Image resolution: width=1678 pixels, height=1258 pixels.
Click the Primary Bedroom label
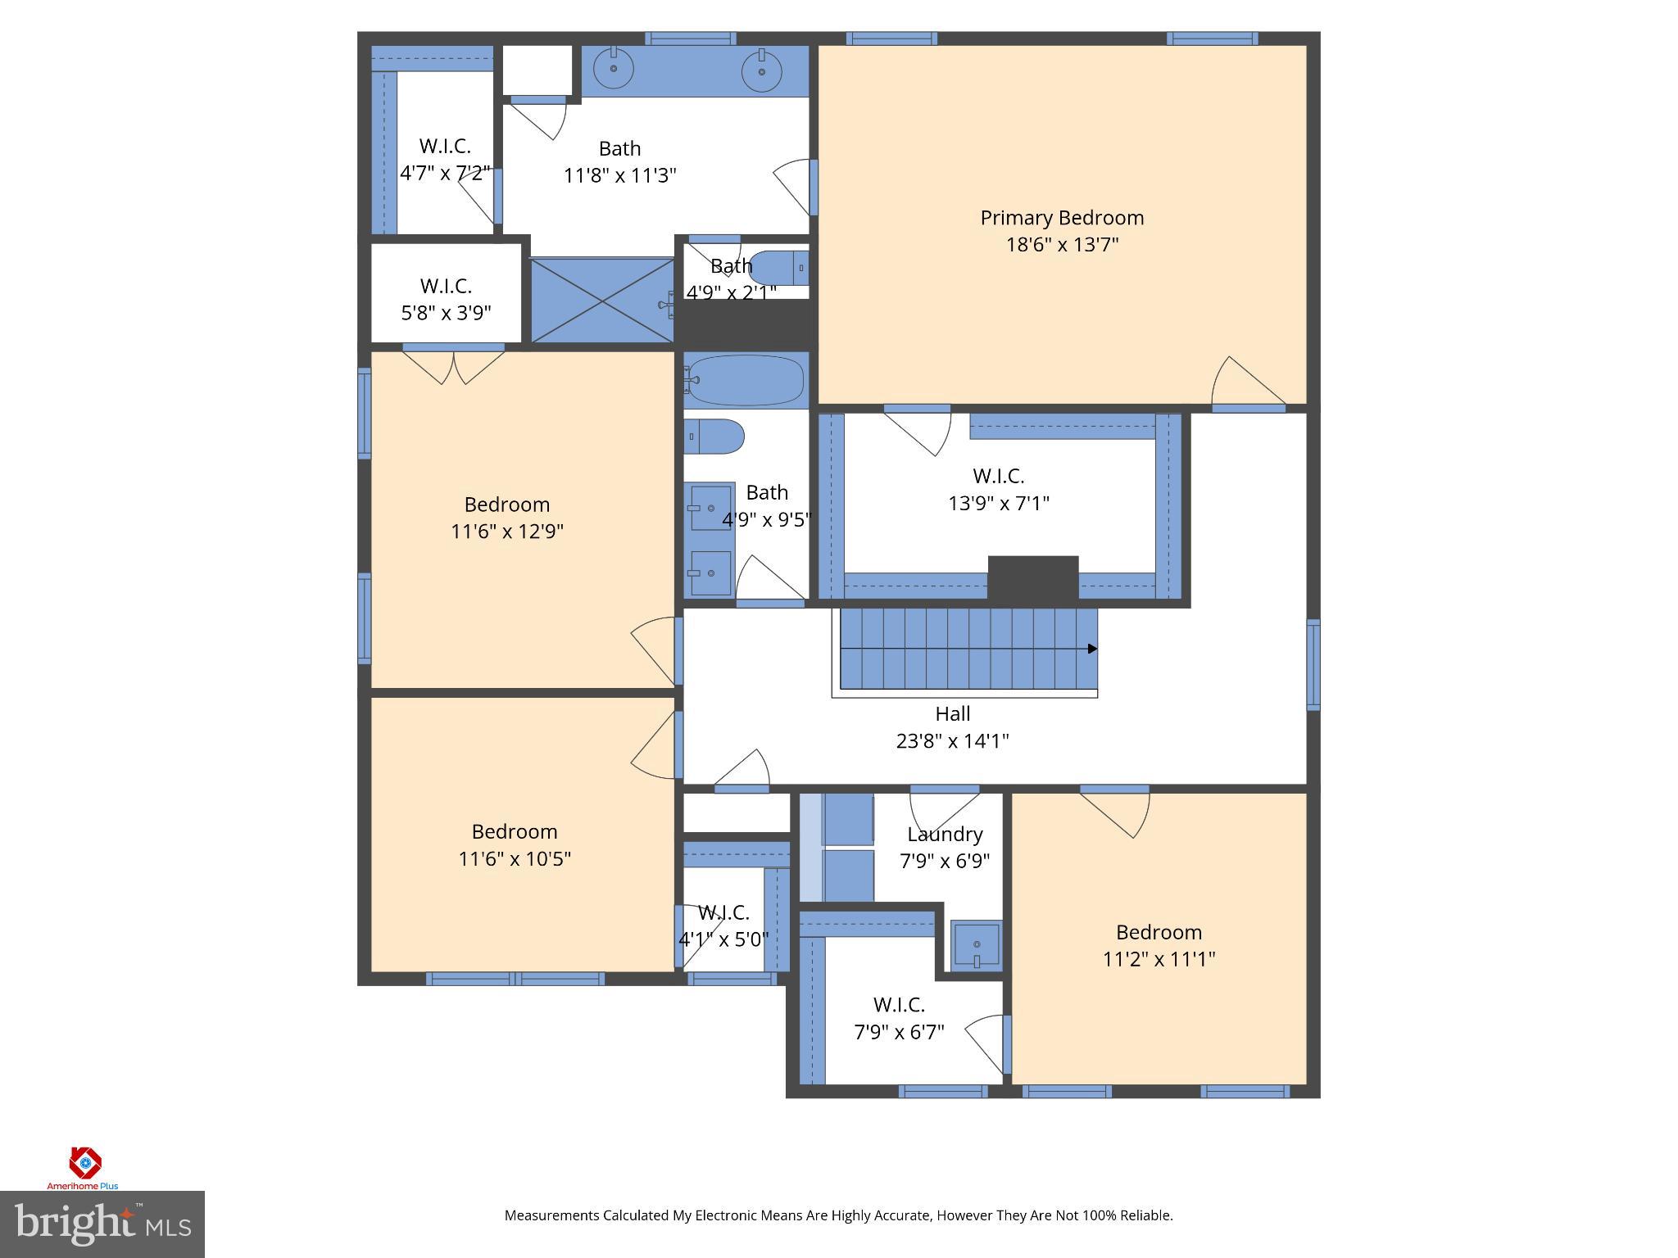[x=1062, y=218]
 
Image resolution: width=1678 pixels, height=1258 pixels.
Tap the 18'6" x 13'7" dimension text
[x=1062, y=245]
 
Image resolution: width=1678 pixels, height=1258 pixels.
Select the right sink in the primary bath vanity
[x=761, y=70]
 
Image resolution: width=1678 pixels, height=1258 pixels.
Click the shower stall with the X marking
[x=602, y=301]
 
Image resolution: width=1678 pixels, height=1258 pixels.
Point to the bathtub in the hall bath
[x=745, y=380]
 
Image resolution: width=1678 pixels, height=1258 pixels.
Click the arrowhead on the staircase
[x=1092, y=649]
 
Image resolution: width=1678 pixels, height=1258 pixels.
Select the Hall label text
[x=952, y=713]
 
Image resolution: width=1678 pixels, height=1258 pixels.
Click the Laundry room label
[x=945, y=835]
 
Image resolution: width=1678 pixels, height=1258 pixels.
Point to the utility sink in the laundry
[x=976, y=945]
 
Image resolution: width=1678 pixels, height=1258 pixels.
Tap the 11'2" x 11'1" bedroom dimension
[x=1159, y=959]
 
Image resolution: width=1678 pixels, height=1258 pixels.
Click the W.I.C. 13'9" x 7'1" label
[x=998, y=489]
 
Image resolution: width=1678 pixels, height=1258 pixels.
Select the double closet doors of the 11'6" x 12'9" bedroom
[x=453, y=365]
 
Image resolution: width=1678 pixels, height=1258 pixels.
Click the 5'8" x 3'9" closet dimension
[x=446, y=313]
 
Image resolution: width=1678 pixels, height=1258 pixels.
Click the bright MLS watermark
[x=102, y=1224]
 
